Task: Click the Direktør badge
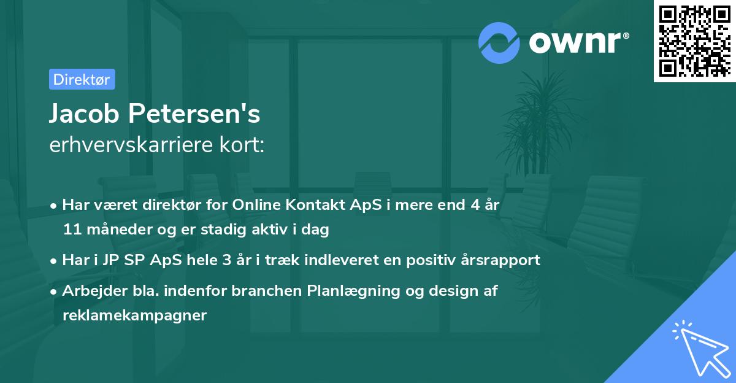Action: pos(82,79)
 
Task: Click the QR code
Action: pos(693,41)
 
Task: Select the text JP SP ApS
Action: pos(125,260)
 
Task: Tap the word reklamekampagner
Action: pos(135,315)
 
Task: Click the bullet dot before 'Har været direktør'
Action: pos(55,206)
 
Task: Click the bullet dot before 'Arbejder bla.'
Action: pos(55,292)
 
